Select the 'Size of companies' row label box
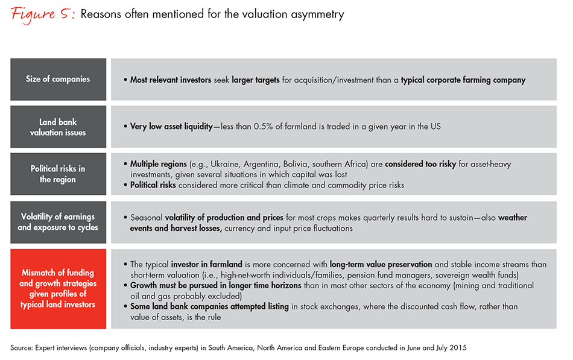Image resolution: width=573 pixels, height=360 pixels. tap(59, 79)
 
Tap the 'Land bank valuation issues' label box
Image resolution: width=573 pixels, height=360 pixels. tap(59, 127)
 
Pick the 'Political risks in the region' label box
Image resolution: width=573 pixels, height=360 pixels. tap(59, 174)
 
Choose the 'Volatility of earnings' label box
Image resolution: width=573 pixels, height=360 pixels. tap(59, 222)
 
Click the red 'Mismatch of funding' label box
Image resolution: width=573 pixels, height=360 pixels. tap(59, 289)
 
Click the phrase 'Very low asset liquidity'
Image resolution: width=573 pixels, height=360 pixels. tap(172, 127)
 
